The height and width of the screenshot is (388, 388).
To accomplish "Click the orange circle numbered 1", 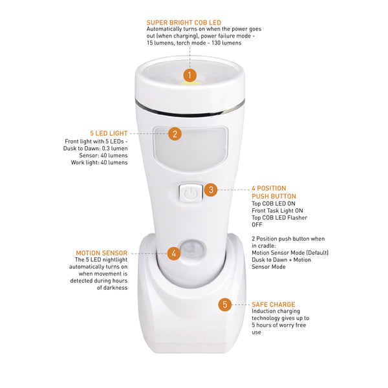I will point(189,75).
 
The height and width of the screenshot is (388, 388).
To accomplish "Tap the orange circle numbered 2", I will point(174,134).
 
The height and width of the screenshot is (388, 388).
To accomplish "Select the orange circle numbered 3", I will point(211,190).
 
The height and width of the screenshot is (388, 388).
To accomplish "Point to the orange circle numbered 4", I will point(173,253).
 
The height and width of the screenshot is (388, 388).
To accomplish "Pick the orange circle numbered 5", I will point(224,304).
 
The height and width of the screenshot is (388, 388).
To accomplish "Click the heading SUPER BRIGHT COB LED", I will point(184,23).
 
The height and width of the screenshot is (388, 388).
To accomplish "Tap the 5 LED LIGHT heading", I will point(109,133).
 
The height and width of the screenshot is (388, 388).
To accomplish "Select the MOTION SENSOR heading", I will point(102,253).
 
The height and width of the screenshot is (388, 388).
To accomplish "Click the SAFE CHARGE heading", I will point(274,304).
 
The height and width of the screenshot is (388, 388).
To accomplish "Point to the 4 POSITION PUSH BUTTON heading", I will point(274,192).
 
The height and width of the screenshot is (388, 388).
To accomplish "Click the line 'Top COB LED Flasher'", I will point(280,217).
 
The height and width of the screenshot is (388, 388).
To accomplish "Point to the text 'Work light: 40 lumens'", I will point(99,162).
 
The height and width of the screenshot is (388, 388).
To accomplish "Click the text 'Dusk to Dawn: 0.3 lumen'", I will point(96,148).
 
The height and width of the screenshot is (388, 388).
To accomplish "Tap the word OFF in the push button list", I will point(257,224).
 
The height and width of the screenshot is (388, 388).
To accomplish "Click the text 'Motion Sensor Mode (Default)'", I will point(290,252).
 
